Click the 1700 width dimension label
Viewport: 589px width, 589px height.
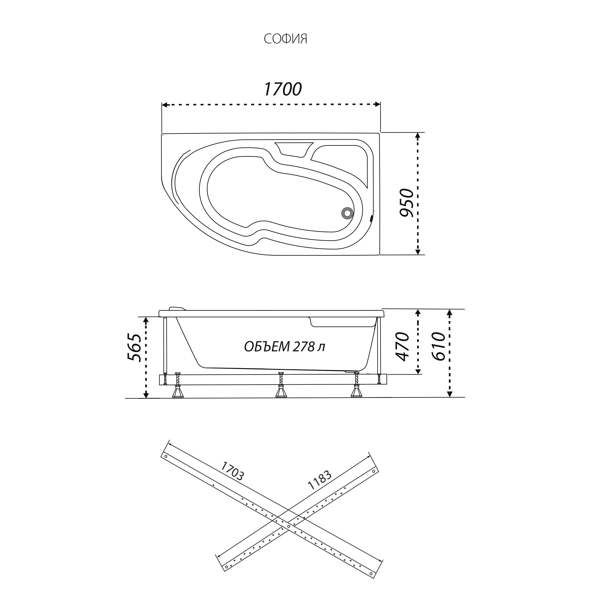283,89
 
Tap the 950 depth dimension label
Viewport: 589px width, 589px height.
407,203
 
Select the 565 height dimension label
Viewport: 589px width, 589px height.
134,348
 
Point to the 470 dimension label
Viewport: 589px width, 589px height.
402,346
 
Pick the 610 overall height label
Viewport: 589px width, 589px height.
439,346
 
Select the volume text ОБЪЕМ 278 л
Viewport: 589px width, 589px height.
284,347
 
